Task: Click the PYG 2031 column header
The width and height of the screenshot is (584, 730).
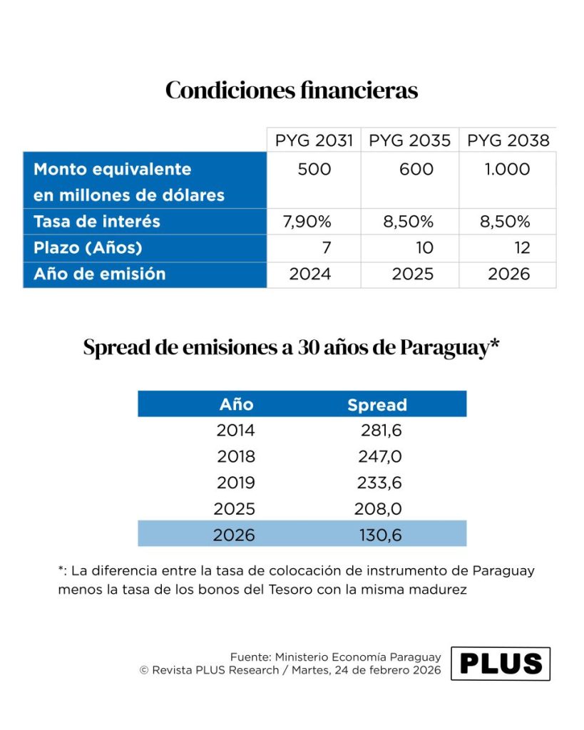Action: point(314,140)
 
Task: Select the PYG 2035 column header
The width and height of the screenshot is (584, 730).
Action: point(410,140)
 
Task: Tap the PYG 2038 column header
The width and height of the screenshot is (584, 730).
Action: point(508,140)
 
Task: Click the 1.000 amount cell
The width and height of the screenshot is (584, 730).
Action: point(507,169)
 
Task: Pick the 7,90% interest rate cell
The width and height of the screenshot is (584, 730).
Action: point(307,222)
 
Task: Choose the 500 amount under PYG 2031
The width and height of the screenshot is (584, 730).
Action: point(314,169)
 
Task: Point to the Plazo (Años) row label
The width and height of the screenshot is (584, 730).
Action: point(88,247)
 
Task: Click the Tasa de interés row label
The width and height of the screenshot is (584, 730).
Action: point(97,221)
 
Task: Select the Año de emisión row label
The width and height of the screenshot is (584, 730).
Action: point(100,274)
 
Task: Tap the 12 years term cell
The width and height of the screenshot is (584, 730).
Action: point(522,247)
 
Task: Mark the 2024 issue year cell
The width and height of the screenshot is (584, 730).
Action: point(310,274)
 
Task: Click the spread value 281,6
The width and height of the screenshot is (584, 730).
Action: point(381,430)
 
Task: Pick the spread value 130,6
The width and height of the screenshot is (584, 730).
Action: point(380,535)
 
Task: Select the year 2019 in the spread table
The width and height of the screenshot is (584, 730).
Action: point(236,483)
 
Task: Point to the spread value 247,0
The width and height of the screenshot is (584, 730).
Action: point(380,457)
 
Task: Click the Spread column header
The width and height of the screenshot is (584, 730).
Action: point(377,405)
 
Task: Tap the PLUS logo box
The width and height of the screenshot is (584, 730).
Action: point(501,664)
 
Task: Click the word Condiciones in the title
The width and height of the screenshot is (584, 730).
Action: point(230,90)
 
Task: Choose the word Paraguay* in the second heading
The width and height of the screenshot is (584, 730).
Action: point(449,348)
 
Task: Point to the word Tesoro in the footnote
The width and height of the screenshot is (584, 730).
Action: point(290,590)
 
